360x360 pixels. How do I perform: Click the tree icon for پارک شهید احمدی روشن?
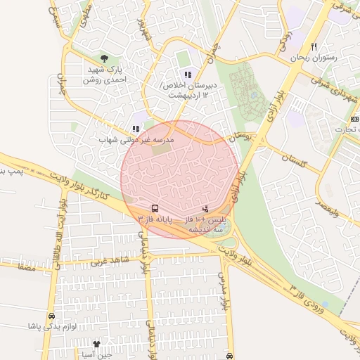[x=105, y=58]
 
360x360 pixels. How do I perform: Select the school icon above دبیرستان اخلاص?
[x=187, y=75]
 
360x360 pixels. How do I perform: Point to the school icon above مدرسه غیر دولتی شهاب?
[x=136, y=129]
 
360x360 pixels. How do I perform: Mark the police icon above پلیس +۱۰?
[x=205, y=208]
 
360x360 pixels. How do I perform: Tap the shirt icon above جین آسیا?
[x=96, y=344]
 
